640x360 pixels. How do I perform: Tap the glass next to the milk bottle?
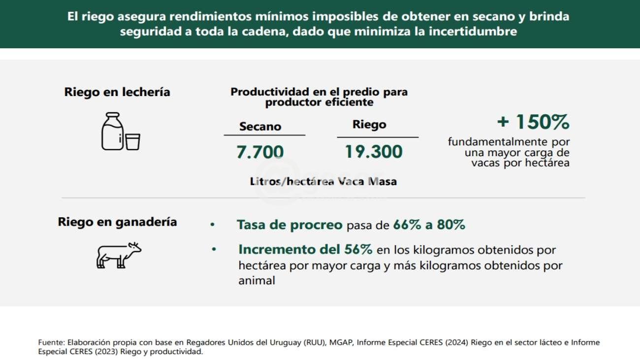pos(133,141)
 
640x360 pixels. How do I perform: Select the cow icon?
pos(118,255)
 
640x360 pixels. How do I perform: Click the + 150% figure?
pos(533,121)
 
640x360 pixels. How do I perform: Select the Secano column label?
pos(260,127)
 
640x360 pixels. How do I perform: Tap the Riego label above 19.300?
pos(369,125)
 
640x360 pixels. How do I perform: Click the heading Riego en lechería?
pos(117,92)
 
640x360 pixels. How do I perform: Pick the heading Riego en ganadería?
pos(117,222)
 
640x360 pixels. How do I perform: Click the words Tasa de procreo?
pos(289,225)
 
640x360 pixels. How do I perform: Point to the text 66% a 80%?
pos(429,225)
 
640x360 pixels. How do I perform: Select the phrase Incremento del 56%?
pos(305,249)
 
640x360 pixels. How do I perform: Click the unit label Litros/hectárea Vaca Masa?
pos(323,181)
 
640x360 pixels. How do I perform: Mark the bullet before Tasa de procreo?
pos(213,225)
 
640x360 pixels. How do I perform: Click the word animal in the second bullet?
pos(256,281)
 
